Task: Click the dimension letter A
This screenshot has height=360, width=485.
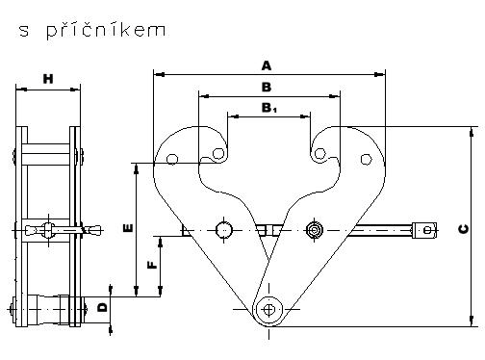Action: pyautogui.click(x=267, y=65)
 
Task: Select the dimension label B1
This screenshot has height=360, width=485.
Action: pyautogui.click(x=268, y=108)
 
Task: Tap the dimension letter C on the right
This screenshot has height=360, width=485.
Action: pyautogui.click(x=464, y=229)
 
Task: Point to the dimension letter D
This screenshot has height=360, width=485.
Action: pyautogui.click(x=103, y=308)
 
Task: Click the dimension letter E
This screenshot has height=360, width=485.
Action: pyautogui.click(x=128, y=228)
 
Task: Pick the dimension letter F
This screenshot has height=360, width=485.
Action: pyautogui.click(x=152, y=265)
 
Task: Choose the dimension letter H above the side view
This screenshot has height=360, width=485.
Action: pyautogui.click(x=48, y=79)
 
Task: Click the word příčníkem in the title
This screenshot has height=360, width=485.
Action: pyautogui.click(x=106, y=30)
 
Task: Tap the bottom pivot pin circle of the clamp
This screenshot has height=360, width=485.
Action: pyautogui.click(x=268, y=310)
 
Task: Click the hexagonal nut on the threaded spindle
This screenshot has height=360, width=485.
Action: pyautogui.click(x=315, y=230)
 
